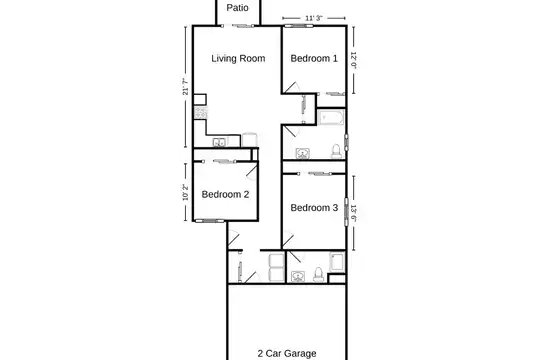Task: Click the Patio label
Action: (x=237, y=8)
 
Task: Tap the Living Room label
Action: (x=238, y=59)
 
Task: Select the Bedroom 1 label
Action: (x=314, y=58)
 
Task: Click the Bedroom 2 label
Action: (x=225, y=194)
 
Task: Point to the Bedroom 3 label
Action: (x=314, y=208)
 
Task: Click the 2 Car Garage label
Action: (x=287, y=353)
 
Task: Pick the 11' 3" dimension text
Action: (x=314, y=18)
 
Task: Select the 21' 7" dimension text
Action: (x=186, y=86)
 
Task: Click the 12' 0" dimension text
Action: (x=353, y=60)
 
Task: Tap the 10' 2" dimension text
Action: (x=186, y=192)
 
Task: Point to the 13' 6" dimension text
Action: (x=353, y=213)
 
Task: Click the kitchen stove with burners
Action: (x=200, y=113)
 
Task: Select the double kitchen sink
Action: (x=219, y=142)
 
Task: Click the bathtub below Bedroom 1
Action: (x=331, y=117)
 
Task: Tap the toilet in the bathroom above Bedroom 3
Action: (x=336, y=151)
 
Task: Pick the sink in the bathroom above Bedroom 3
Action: (x=303, y=153)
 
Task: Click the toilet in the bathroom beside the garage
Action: (x=319, y=275)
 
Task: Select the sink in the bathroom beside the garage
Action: (x=298, y=277)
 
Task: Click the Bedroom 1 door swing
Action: (x=292, y=88)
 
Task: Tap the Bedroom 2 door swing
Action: (x=252, y=172)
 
